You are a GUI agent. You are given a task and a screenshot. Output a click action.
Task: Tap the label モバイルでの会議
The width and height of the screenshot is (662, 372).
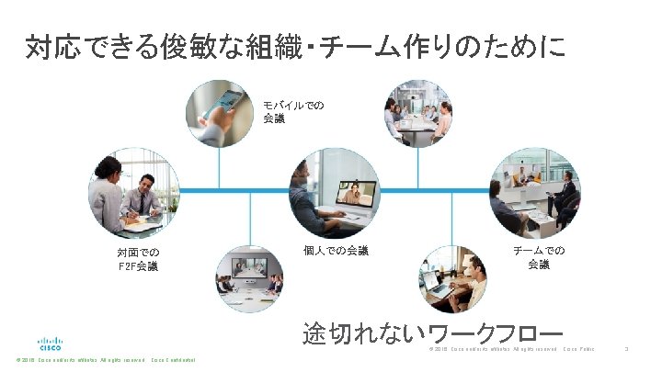pyautogui.click(x=292, y=111)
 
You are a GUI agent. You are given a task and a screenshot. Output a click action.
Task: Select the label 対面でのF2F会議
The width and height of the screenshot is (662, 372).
pyautogui.click(x=137, y=259)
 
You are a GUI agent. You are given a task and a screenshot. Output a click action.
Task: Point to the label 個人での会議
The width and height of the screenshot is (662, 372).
pyautogui.click(x=336, y=250)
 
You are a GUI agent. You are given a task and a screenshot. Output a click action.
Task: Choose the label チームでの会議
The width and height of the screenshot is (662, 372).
pyautogui.click(x=539, y=257)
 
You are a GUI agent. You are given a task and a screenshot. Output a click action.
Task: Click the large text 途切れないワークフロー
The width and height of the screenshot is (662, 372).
pyautogui.click(x=432, y=333)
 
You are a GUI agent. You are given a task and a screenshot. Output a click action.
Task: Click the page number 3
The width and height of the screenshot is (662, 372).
pyautogui.click(x=626, y=349)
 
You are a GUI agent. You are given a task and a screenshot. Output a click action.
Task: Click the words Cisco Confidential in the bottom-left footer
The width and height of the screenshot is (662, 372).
pyautogui.click(x=174, y=360)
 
